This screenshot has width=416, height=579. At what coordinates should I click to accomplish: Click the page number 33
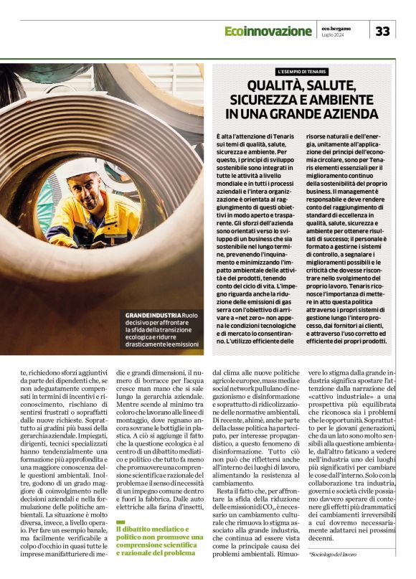(382, 31)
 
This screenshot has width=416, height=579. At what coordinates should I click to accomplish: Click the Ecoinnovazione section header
(268, 31)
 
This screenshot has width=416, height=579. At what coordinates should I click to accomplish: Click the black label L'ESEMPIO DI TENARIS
(303, 72)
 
